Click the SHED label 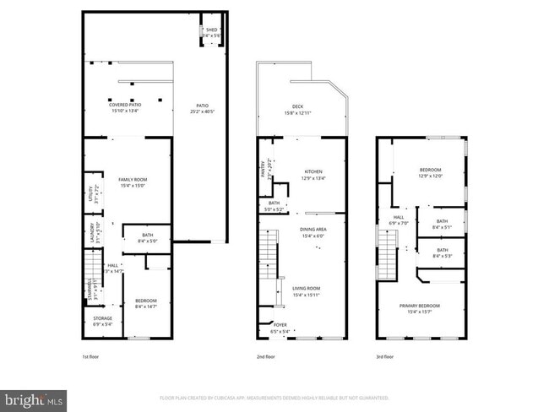[x=211, y=30]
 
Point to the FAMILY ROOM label [x=133, y=179]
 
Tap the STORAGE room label [x=102, y=318]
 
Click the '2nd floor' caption [x=265, y=357]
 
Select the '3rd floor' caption [x=385, y=357]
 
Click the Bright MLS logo [x=35, y=397]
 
